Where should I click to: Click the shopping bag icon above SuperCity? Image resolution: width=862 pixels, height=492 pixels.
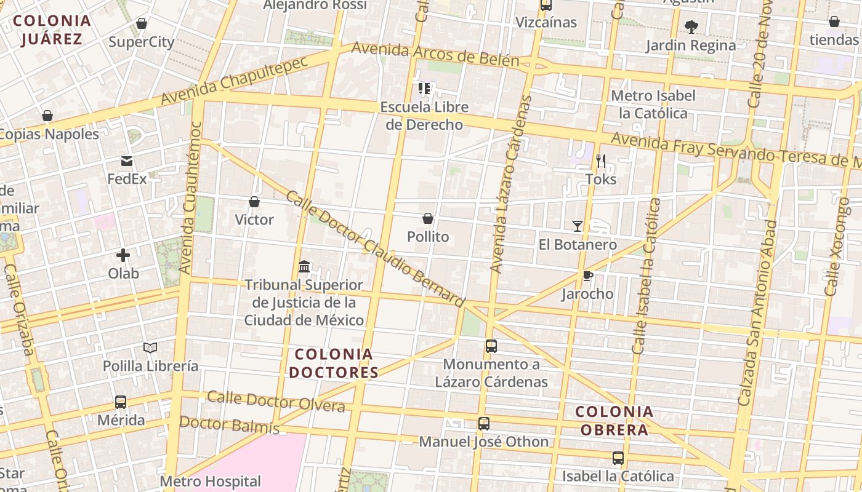point(142,24)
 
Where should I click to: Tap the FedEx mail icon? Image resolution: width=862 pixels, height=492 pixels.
point(127,161)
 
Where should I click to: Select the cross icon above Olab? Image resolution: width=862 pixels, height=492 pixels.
point(123,255)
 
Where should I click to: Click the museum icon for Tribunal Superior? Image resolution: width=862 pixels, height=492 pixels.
point(304,267)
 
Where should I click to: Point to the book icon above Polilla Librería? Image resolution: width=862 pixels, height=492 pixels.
point(150,347)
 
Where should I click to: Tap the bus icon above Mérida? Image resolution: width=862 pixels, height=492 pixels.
point(121,402)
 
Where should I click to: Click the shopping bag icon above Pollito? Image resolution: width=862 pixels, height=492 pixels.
point(428,218)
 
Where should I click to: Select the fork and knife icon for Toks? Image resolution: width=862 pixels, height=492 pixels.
point(601,161)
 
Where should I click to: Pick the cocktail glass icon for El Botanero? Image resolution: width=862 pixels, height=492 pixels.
point(577,226)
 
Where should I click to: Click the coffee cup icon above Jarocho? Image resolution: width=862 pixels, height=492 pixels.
point(587,276)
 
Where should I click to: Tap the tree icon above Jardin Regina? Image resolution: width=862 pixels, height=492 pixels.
point(691,26)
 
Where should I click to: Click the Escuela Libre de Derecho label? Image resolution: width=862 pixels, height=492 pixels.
point(424,116)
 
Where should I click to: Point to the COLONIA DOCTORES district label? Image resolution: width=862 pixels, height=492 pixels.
point(334,363)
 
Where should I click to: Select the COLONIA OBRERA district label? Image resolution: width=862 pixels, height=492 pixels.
point(614,421)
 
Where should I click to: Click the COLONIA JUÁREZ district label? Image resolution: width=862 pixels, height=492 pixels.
point(52,30)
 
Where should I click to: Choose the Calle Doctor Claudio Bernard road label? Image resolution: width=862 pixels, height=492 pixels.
point(374,248)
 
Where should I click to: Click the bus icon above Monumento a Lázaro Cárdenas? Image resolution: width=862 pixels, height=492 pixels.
point(491,346)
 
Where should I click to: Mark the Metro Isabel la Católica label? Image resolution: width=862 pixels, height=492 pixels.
point(653,105)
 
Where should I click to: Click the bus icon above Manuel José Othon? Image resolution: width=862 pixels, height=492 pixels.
point(484,424)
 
